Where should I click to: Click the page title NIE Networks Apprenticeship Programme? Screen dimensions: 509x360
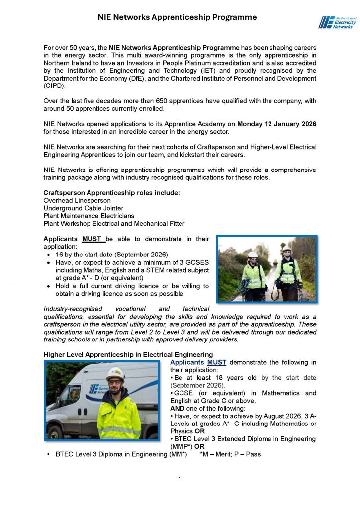(177, 17)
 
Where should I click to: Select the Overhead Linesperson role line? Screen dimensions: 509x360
(77, 200)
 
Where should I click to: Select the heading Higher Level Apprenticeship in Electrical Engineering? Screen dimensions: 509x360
(128, 354)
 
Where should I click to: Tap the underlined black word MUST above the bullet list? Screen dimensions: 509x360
(92, 239)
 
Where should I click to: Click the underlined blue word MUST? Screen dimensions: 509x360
(217, 362)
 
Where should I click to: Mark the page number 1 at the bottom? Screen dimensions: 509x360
(180, 479)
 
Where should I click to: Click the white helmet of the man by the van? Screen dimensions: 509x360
(115, 373)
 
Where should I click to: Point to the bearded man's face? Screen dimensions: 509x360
(115, 386)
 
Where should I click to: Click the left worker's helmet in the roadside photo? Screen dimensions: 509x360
(253, 255)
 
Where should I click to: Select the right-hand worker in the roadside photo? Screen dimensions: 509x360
(288, 273)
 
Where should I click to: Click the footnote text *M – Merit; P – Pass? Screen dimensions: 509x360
(230, 454)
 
